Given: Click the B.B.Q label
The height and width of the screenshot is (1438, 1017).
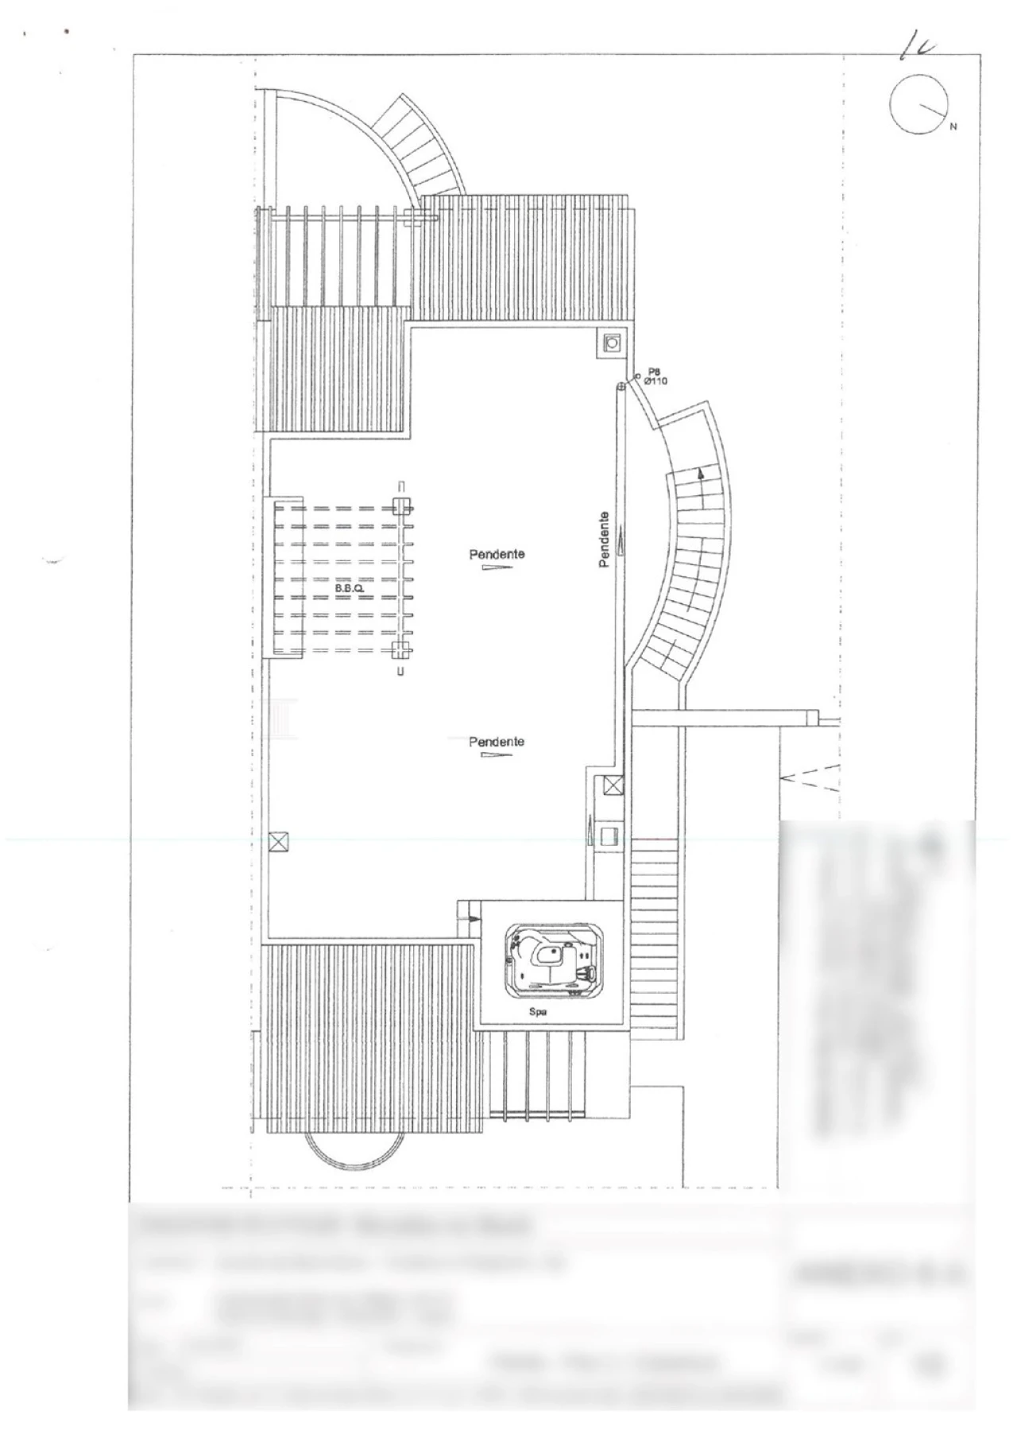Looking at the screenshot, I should pyautogui.click(x=349, y=588).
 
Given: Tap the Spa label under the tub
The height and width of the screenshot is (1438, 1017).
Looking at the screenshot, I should pyautogui.click(x=538, y=1013).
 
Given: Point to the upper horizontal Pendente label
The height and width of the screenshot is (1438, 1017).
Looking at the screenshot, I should pyautogui.click(x=497, y=553).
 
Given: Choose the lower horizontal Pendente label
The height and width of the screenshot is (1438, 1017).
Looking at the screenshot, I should pyautogui.click(x=497, y=741).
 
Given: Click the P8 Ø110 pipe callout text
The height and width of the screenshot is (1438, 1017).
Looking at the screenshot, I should pyautogui.click(x=655, y=376).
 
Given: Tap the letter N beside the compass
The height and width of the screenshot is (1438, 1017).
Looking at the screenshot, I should pyautogui.click(x=953, y=126).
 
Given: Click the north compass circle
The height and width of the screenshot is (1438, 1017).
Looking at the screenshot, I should pyautogui.click(x=919, y=104).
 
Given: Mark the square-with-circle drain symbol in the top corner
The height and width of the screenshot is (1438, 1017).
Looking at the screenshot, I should pyautogui.click(x=613, y=343).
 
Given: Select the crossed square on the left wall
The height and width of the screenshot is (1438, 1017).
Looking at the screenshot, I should pyautogui.click(x=279, y=842).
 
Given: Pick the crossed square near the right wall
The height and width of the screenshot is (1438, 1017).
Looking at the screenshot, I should pyautogui.click(x=613, y=786).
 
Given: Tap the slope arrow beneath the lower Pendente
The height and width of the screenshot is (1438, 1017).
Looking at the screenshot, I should pyautogui.click(x=497, y=754).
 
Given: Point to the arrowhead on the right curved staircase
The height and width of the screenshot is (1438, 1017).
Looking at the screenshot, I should pyautogui.click(x=701, y=473).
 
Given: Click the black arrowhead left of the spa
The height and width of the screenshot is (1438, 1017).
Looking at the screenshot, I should pyautogui.click(x=474, y=919).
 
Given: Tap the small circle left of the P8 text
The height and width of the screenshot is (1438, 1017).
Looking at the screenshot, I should pyautogui.click(x=637, y=376).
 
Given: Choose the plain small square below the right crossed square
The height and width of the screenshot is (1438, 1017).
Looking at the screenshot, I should pyautogui.click(x=611, y=836).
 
